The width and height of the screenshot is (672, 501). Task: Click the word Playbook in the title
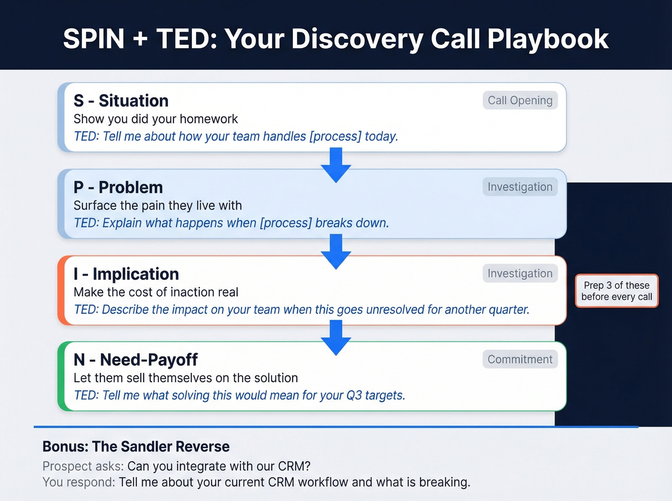[x=548, y=39]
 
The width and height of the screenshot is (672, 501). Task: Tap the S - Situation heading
[x=121, y=101]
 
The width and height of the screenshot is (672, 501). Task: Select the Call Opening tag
[x=520, y=100]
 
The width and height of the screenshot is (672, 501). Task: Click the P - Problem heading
[x=118, y=187]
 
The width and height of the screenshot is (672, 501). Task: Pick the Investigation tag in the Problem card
[x=520, y=187]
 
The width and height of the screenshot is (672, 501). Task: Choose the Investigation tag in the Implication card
[x=520, y=273]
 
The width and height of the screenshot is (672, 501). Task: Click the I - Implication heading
[x=126, y=274]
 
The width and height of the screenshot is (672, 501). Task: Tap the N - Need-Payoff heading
[x=135, y=360]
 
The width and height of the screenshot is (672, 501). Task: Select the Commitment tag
[x=520, y=360]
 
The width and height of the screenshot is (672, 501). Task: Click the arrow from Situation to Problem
[x=336, y=164]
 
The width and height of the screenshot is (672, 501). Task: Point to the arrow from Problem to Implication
[x=336, y=251]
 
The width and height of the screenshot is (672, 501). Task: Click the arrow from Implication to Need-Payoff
[x=336, y=337]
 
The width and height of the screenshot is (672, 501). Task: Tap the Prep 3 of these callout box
[x=616, y=291]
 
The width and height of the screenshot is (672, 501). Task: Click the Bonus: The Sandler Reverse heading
[x=136, y=446]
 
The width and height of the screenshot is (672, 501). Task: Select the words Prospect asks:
[x=83, y=466]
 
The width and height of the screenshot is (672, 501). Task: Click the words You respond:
[x=79, y=482]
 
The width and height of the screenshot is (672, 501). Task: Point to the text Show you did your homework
[x=156, y=119]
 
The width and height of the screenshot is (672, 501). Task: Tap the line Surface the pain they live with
[x=157, y=206]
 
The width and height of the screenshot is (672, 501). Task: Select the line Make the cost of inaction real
[x=156, y=292]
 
